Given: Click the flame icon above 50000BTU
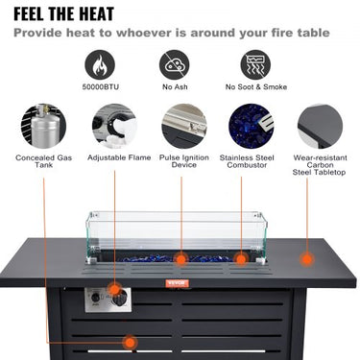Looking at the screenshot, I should (99, 64).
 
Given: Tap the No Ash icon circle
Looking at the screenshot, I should (174, 64).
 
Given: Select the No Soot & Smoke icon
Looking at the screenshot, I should (255, 64).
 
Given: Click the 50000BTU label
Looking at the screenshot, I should (100, 87).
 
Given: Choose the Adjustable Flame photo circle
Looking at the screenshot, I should (113, 126).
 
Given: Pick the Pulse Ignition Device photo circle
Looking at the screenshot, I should (183, 126).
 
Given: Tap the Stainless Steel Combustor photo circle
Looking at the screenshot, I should (251, 126).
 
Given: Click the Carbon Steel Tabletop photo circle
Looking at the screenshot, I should (319, 126).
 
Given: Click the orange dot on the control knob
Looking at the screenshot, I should (115, 288).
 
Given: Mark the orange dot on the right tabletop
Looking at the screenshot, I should (306, 258).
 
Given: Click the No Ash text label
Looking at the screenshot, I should (174, 87).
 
